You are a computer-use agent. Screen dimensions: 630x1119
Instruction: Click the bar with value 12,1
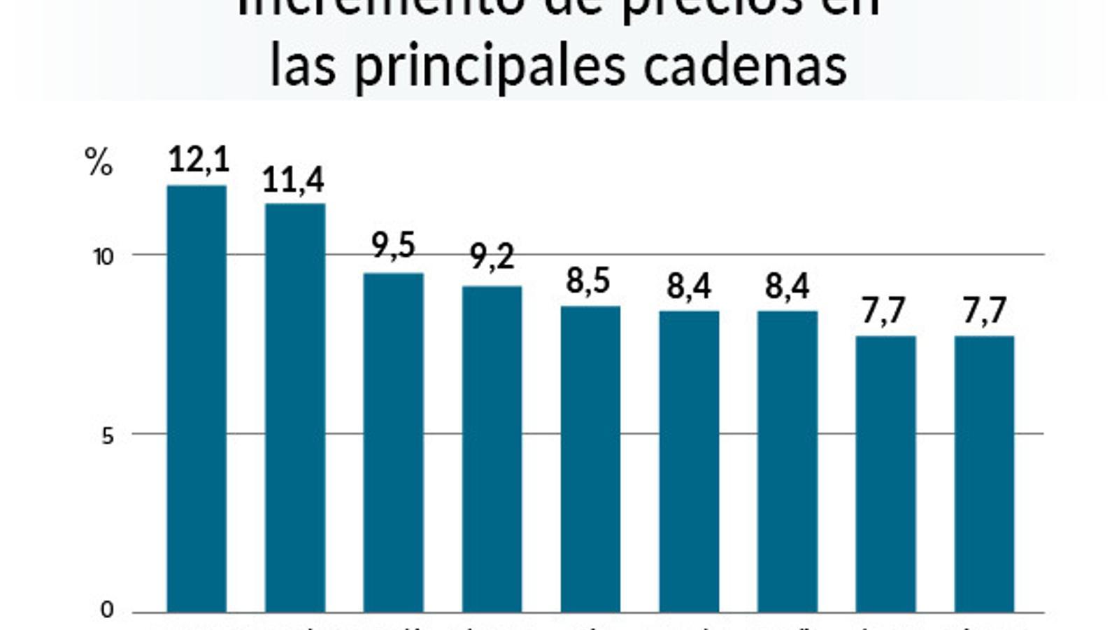[x=197, y=399]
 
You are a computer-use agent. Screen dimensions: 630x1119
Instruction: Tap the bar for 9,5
[x=393, y=442]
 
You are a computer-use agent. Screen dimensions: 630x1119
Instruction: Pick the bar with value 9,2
[x=492, y=449]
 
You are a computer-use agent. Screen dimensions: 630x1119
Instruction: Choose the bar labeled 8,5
[x=590, y=459]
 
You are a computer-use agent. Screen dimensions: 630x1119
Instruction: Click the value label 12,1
[x=199, y=160]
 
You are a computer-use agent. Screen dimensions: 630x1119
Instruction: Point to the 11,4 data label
[x=293, y=180]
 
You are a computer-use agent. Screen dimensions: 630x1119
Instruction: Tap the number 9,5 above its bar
[x=393, y=245]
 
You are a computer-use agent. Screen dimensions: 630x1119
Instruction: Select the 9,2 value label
[x=492, y=256]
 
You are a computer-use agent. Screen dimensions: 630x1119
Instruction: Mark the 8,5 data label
[x=588, y=281]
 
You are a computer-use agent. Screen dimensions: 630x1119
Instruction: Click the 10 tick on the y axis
[x=104, y=257]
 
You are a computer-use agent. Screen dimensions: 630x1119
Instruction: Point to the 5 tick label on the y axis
[x=107, y=436]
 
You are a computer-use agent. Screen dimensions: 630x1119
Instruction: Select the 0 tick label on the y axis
[x=107, y=610]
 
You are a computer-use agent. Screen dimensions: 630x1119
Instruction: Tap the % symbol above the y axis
[x=99, y=162]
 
